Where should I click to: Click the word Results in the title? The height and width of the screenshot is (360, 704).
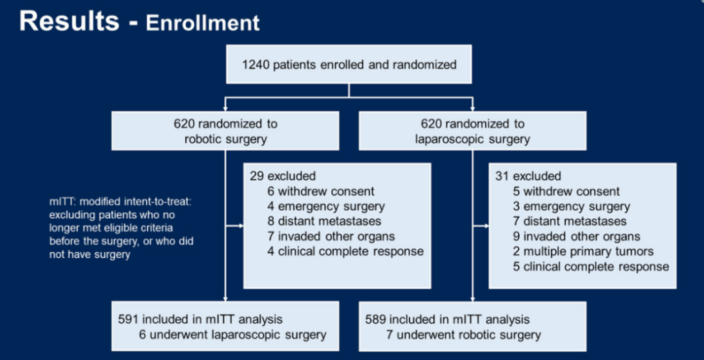[69, 22]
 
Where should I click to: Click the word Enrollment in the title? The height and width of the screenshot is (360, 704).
[203, 23]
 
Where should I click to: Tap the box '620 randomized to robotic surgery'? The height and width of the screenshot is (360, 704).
[225, 131]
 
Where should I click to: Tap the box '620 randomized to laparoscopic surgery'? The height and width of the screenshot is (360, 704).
[473, 131]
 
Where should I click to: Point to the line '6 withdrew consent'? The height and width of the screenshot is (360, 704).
[321, 191]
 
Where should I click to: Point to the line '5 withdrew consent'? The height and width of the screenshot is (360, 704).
[566, 191]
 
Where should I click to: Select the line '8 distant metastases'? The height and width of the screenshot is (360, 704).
[324, 221]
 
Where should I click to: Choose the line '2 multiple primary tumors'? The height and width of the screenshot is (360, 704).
[583, 251]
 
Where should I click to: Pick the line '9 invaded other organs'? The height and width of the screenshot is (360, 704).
[576, 236]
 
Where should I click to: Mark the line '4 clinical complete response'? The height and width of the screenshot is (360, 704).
[345, 251]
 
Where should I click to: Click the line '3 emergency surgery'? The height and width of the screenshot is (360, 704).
[571, 206]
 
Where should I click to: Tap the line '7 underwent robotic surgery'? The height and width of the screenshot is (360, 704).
[463, 335]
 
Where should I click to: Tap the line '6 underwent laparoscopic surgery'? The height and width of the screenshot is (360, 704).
[231, 335]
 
